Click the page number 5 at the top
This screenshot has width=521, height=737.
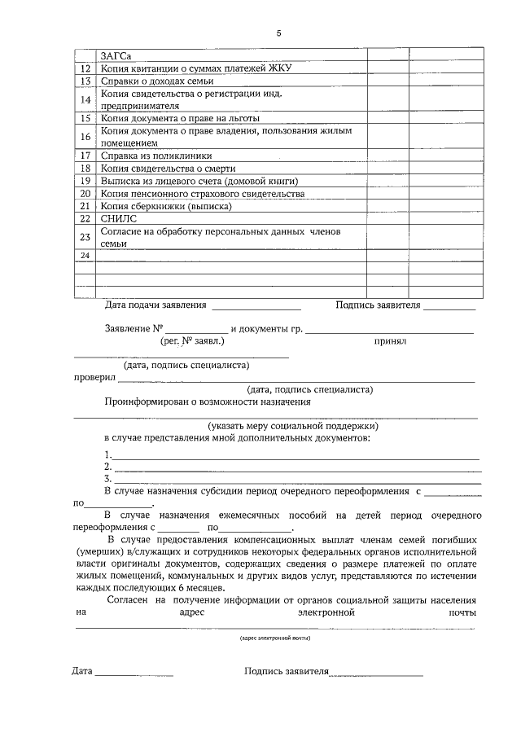click(x=278, y=33)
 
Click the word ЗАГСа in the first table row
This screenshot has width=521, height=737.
click(x=116, y=55)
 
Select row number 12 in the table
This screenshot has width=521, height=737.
click(x=85, y=68)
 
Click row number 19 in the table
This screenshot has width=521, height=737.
click(x=85, y=181)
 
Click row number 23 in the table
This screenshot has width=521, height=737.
click(x=85, y=237)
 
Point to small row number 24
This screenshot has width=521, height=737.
click(x=85, y=256)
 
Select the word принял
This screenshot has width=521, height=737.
click(x=390, y=343)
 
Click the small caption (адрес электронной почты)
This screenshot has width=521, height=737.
click(x=274, y=638)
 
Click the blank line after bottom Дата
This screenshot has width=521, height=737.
click(x=134, y=674)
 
